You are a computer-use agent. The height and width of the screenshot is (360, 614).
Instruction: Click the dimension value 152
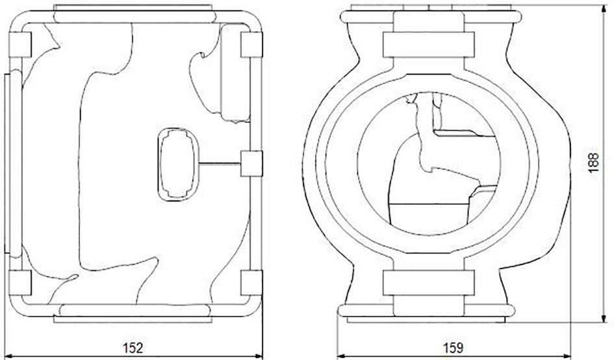tap(133, 348)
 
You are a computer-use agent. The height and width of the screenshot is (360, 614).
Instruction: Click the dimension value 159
tap(453, 348)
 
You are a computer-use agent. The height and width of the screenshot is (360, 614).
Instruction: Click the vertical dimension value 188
tap(594, 162)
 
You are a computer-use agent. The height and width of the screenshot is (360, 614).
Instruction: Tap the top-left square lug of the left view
tap(19, 44)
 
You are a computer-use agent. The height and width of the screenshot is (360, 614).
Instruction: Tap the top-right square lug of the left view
tap(251, 45)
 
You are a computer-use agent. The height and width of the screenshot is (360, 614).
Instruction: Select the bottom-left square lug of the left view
tap(19, 283)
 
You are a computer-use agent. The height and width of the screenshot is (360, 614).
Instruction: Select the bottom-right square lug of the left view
tap(251, 283)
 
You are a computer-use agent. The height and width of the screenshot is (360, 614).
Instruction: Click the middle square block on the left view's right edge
tap(251, 163)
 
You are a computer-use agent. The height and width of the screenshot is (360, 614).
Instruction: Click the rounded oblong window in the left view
tap(178, 164)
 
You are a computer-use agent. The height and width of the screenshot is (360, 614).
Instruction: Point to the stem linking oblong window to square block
tap(220, 163)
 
